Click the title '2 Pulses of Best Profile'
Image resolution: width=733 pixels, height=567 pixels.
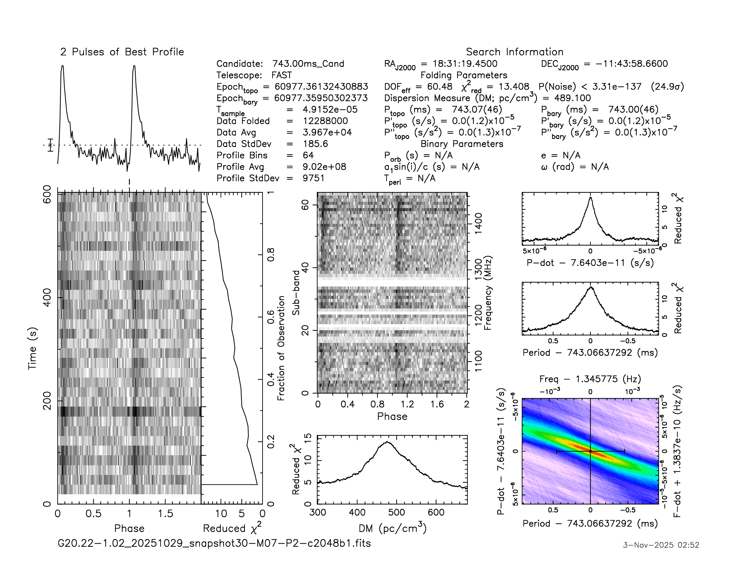pos(122,52)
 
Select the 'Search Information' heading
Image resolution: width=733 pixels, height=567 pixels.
pos(514,52)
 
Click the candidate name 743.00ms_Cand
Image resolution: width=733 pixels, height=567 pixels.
pos(308,64)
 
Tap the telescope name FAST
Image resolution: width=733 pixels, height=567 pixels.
pos(282,75)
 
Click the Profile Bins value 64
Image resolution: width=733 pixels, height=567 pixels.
pos(308,155)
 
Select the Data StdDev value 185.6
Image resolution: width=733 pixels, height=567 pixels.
pos(315,144)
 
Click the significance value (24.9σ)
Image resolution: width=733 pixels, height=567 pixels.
pos(667,87)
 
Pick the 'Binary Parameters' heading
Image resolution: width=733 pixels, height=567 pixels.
pos(462,144)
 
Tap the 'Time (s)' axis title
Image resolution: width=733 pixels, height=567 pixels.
pos(33,348)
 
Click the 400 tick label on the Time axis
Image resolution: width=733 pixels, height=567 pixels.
pos(47,298)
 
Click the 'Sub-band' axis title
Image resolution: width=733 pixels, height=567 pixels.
pos(296,293)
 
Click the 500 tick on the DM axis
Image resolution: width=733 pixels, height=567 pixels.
pos(396,513)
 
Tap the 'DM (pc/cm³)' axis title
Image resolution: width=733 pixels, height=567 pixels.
pos(392,528)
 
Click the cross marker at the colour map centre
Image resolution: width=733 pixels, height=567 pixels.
pos(590,451)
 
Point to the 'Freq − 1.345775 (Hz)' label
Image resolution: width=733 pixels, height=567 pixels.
pos(590,379)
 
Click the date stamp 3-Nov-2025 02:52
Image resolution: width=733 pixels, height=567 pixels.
pos(661,545)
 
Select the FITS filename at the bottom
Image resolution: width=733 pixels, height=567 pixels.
pos(214,543)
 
